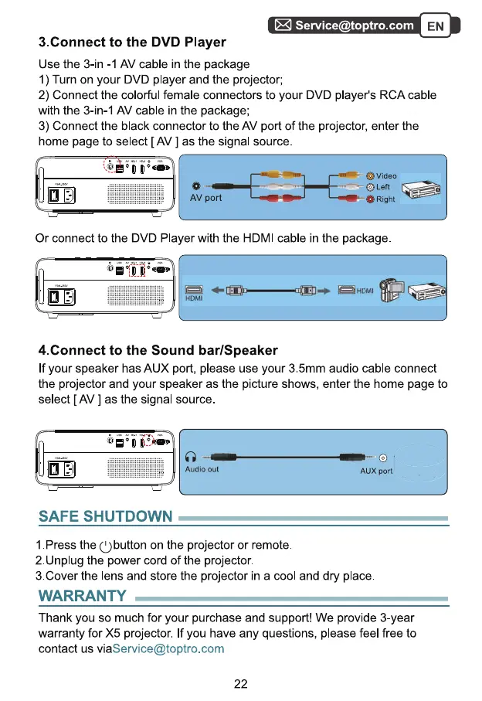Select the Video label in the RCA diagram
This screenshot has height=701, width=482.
point(386,176)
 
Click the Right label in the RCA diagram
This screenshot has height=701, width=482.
point(385,199)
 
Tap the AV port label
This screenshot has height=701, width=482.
point(205,198)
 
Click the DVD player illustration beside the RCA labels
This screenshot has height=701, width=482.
point(423,188)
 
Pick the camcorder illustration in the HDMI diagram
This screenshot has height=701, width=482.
point(392,290)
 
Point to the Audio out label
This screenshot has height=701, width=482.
point(202,469)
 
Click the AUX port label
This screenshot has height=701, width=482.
point(376,471)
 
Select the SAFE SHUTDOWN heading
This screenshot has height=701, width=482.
point(106,516)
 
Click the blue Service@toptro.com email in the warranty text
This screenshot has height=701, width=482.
point(168,648)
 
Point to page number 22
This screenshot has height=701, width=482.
point(240,683)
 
